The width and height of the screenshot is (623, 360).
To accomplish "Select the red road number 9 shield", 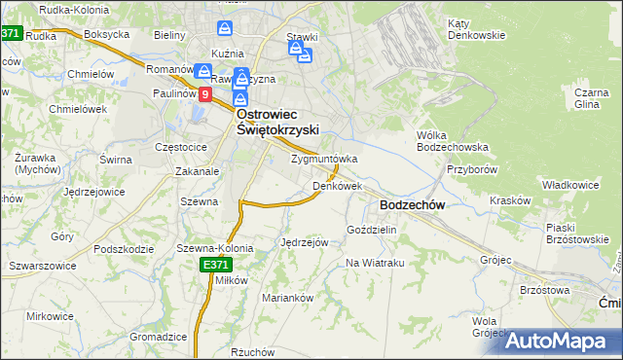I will (205, 94).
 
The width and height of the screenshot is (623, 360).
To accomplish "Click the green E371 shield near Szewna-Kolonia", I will (215, 264).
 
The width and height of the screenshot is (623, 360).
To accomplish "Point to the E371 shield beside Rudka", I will (10, 34).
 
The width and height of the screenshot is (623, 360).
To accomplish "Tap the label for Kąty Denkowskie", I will (476, 28).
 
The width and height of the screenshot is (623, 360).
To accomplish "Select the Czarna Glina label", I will (591, 101).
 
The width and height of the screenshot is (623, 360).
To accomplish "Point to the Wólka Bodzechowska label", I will (452, 140).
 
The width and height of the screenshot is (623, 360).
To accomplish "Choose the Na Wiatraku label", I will (375, 263).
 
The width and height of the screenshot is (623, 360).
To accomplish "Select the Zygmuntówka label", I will (325, 159).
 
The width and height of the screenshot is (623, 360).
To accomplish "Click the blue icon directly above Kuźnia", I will (225, 30).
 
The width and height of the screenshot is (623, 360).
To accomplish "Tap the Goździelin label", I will (372, 229).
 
